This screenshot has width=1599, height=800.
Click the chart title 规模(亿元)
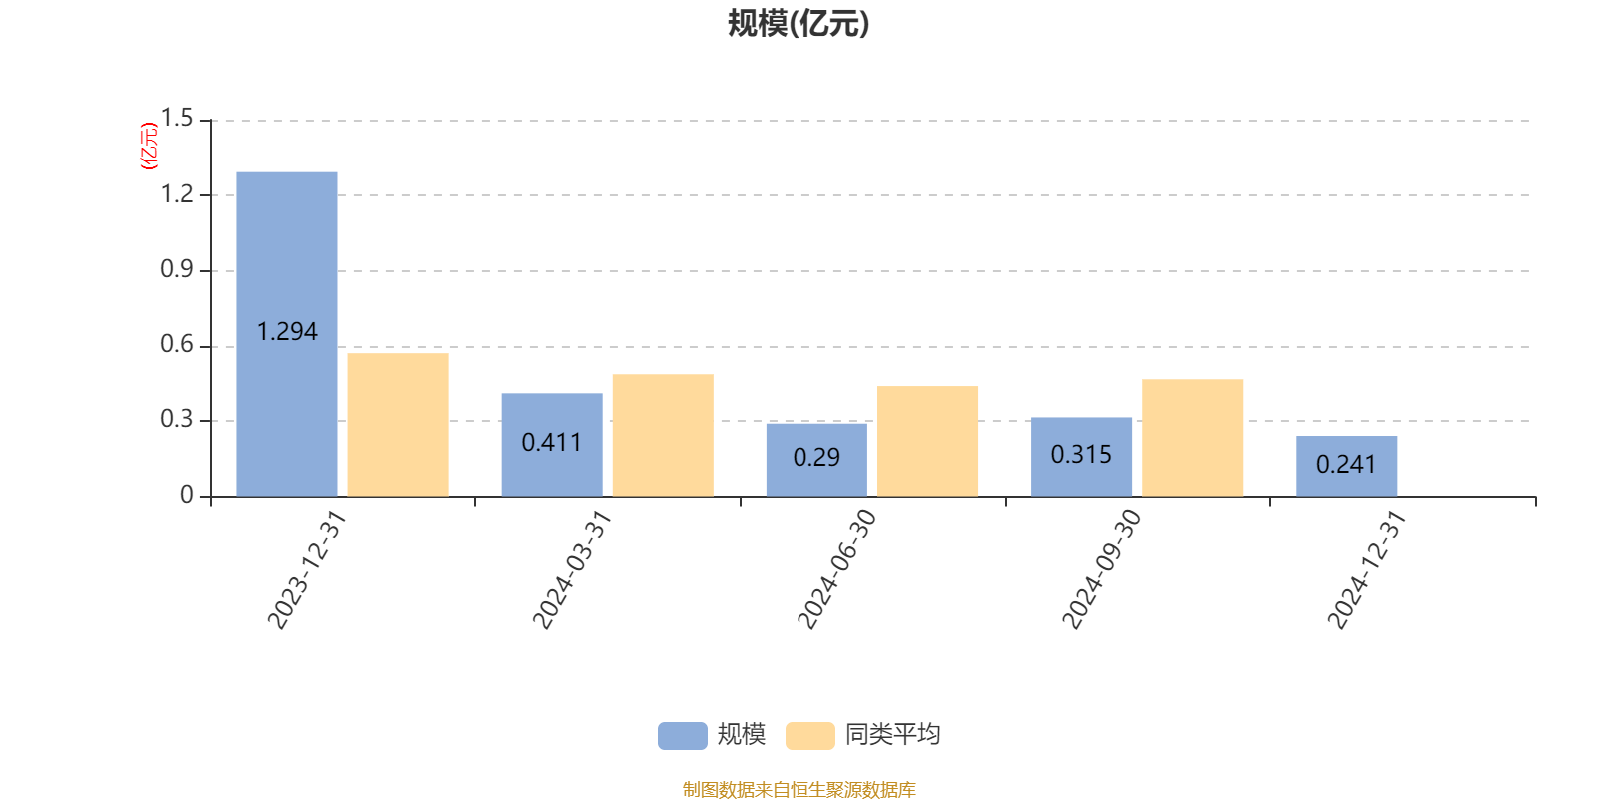click(x=799, y=24)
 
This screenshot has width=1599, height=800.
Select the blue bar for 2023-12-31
click(x=286, y=334)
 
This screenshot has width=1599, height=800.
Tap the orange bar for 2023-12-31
click(x=398, y=425)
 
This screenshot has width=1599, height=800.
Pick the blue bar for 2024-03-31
click(x=552, y=445)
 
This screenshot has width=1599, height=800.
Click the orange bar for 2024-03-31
click(x=663, y=436)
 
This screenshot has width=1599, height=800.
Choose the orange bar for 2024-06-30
click(x=927, y=441)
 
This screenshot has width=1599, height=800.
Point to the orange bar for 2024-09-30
click(x=1193, y=438)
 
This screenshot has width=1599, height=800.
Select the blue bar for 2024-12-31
click(x=1347, y=466)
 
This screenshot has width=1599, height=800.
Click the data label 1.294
click(x=286, y=331)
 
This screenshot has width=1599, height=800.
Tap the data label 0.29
click(x=816, y=457)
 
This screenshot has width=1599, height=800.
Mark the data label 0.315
click(x=1081, y=454)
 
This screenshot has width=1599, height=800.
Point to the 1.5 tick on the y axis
click(x=177, y=118)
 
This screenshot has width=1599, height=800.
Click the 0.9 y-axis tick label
click(x=177, y=269)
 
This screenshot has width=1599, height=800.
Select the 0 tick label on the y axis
click(x=186, y=494)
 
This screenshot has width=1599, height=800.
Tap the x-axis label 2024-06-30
click(x=836, y=569)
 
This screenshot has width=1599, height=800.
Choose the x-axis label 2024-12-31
click(x=1367, y=569)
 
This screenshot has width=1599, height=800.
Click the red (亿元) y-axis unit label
click(x=149, y=146)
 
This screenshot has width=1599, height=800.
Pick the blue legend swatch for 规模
click(x=683, y=736)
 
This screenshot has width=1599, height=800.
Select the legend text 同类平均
click(x=893, y=734)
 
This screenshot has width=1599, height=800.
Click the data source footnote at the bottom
click(x=799, y=789)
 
